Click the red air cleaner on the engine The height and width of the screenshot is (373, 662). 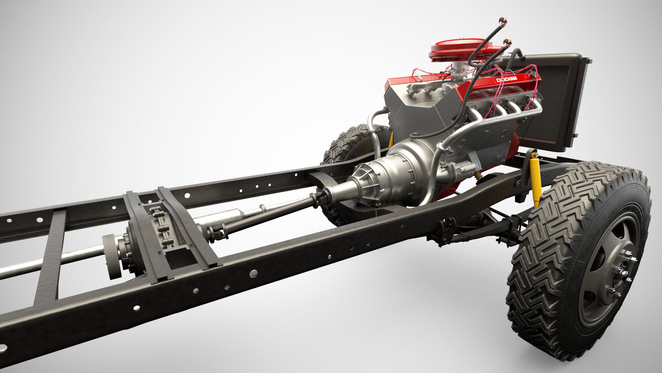455,48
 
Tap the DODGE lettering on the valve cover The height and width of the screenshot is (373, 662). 506,80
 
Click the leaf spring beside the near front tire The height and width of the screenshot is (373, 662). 483,231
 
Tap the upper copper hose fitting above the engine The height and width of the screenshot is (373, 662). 503,22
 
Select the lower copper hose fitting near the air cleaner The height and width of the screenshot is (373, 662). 507,43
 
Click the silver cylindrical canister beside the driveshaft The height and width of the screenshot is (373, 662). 221,218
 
